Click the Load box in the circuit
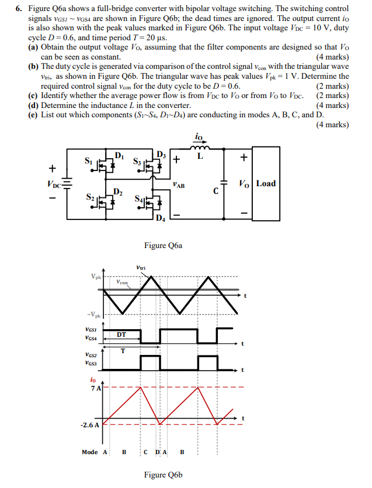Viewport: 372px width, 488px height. point(266,183)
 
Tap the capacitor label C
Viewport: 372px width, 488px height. point(215,191)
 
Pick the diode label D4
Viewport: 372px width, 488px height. point(161,219)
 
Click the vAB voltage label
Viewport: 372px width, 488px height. point(179,185)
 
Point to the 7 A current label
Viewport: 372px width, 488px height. point(95,388)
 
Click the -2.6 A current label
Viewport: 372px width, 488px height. point(89,424)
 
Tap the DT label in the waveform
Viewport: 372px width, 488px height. point(121,334)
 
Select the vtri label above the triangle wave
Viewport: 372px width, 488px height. point(140,268)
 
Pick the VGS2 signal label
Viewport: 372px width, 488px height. point(91,354)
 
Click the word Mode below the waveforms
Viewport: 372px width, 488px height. point(90,452)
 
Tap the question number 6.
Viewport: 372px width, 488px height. point(19,9)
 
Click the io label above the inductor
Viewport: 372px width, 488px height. point(200,138)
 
